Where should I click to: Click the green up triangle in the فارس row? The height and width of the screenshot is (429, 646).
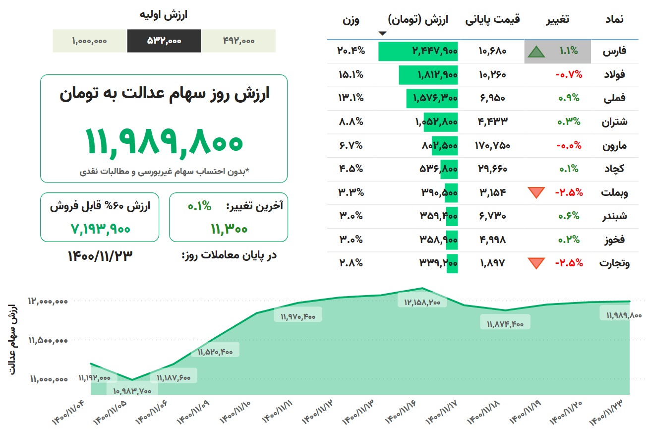tap(536, 52)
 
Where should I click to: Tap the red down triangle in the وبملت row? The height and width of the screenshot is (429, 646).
tap(536, 192)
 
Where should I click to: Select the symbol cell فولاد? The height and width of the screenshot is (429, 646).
tap(614, 75)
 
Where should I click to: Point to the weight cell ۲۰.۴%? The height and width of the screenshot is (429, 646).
tap(351, 51)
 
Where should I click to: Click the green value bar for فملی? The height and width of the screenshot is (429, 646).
tap(431, 98)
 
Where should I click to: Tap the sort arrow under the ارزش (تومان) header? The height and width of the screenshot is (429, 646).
tap(382, 34)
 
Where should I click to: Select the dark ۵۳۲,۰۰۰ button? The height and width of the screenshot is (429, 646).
tap(164, 41)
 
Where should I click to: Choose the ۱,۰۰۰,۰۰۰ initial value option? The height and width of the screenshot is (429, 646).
tap(89, 41)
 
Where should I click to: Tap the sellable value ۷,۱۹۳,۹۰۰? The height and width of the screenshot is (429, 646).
tap(100, 229)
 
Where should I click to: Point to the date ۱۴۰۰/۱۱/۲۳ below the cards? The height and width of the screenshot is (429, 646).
tap(100, 256)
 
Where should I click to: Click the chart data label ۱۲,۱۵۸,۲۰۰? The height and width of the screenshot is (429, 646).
tap(422, 302)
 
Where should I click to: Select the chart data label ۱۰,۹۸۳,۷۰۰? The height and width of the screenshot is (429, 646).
tap(132, 391)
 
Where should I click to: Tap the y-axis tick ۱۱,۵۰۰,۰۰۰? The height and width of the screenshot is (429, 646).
tap(48, 340)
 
